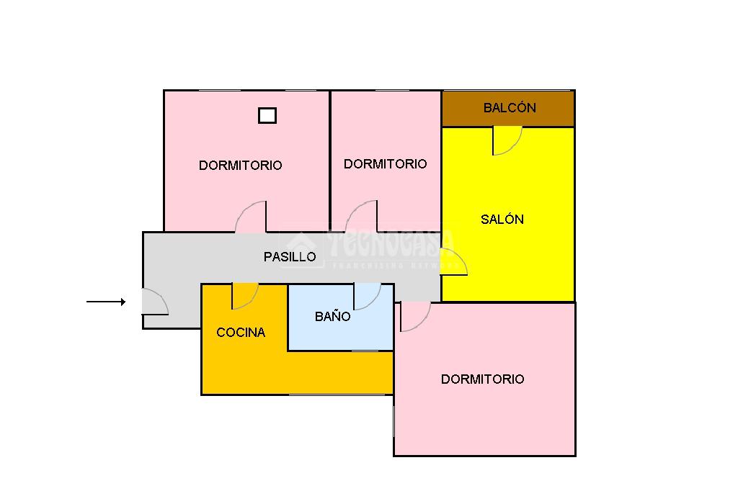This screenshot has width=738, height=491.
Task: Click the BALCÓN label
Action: (x=510, y=108)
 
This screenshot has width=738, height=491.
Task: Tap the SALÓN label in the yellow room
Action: (x=502, y=220)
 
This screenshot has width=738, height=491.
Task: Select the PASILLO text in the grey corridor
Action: (x=290, y=256)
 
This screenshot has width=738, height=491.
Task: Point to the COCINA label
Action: (x=241, y=333)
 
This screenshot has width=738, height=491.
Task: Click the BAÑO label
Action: (x=333, y=316)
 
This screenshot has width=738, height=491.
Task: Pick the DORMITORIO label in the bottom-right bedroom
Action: (x=482, y=379)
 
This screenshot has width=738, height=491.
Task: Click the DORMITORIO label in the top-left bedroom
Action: (x=240, y=166)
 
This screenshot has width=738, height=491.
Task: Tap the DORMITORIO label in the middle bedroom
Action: (x=385, y=164)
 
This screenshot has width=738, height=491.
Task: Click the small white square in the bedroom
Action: (x=267, y=115)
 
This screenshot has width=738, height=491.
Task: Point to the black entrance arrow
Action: (x=106, y=302)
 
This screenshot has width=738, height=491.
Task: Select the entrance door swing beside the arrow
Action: (x=154, y=302)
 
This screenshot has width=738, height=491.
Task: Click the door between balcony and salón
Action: (x=506, y=140)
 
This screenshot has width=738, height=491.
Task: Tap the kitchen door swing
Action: (x=244, y=295)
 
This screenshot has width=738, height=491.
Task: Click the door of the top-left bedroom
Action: (x=252, y=217)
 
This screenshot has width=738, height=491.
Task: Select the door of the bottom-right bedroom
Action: (x=414, y=315)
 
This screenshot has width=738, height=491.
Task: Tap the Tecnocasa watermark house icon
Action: (x=303, y=248)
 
